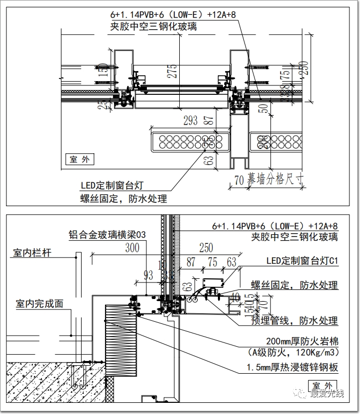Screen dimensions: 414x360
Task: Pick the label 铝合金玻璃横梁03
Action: (107, 234)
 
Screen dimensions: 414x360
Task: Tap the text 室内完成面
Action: (40, 304)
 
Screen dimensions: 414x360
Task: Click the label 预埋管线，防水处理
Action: (294, 321)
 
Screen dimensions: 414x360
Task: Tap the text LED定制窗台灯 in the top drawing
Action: (112, 186)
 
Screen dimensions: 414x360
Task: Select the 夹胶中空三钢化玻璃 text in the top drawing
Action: (153, 26)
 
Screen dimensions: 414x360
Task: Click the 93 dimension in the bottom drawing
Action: (148, 275)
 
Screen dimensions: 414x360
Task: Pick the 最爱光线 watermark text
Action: (327, 393)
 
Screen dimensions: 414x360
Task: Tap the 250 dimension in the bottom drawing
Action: (206, 248)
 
